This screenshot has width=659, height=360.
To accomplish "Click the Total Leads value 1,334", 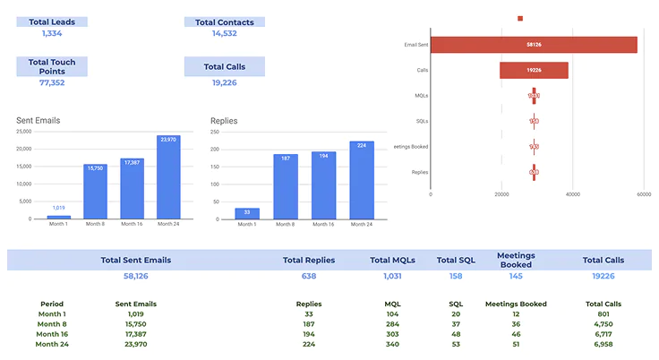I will tap(52, 33).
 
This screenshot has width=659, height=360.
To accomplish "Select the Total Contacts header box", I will tap(225, 21).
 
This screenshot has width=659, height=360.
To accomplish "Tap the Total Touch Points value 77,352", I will tap(52, 82).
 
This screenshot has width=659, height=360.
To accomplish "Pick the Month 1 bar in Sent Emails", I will tap(58, 217).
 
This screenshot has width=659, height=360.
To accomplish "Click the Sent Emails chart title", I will tap(39, 120).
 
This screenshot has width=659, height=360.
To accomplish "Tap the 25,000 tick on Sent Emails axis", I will tap(24, 132).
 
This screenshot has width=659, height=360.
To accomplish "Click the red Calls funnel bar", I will tap(534, 70).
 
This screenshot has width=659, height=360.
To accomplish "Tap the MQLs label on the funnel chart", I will tap(420, 95).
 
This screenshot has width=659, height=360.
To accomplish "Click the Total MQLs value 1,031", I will tap(391, 276).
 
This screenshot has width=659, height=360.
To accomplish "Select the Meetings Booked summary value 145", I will tap(516, 276).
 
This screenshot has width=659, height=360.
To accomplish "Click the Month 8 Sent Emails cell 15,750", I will tap(136, 324).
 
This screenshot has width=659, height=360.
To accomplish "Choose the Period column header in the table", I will tap(52, 304).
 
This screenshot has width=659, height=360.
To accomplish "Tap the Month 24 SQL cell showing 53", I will tap(456, 344).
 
